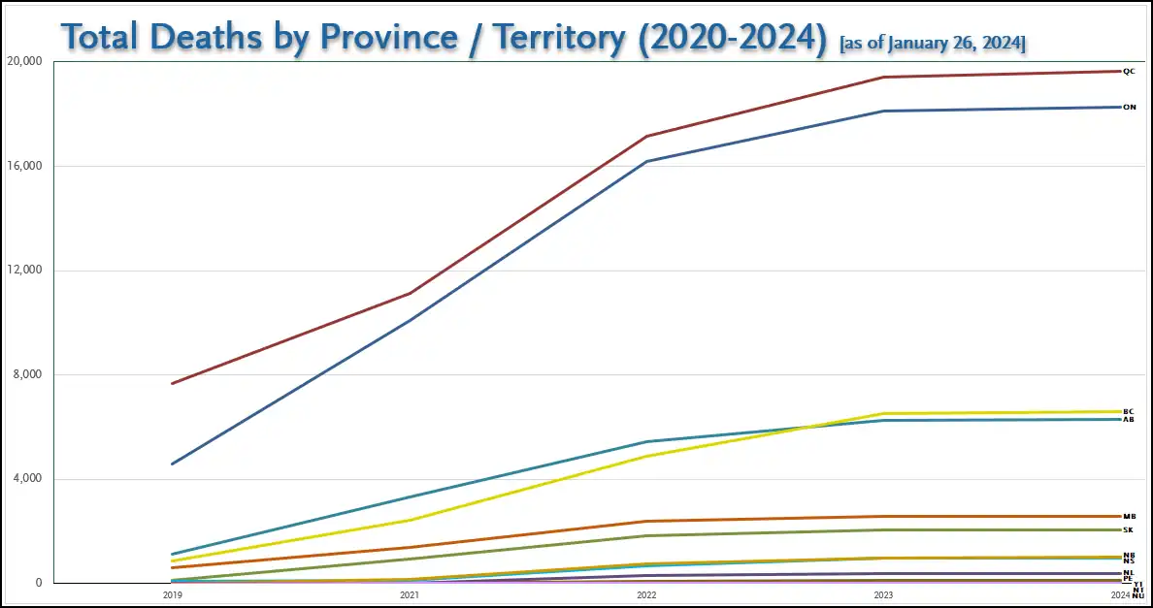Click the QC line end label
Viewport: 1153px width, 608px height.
pos(1128,72)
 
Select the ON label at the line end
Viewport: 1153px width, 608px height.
pos(1129,108)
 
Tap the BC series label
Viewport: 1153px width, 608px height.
pos(1128,411)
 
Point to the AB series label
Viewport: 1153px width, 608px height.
pos(1128,420)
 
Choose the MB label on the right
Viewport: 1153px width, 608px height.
pos(1129,517)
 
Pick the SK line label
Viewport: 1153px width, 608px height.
pos(1128,530)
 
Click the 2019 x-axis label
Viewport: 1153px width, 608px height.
pos(172,594)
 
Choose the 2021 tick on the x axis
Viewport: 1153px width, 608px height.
pos(410,594)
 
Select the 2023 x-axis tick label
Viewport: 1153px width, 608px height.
pos(884,594)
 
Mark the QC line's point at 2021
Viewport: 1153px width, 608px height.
pos(410,293)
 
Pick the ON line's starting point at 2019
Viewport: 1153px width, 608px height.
pos(172,464)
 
